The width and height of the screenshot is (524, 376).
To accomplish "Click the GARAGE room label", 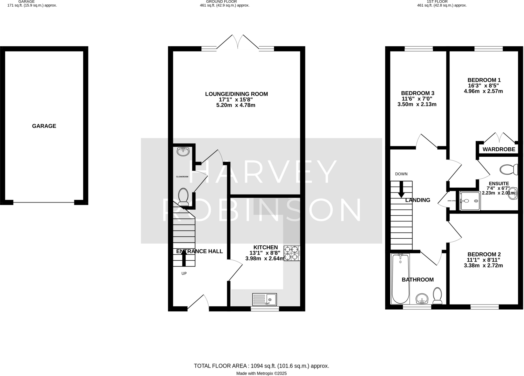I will [x=44, y=126].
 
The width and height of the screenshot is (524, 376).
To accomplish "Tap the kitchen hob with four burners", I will [x=292, y=253].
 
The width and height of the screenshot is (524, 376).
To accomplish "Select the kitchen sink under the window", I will [x=264, y=299].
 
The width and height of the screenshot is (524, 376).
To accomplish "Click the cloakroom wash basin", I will [x=183, y=151].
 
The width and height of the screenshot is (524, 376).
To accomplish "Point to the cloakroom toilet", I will [x=183, y=197].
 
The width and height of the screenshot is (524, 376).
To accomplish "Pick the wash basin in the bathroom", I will [x=422, y=299].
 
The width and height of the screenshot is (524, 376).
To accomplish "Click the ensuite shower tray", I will [x=470, y=201].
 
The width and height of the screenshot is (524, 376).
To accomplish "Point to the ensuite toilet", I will [x=509, y=169].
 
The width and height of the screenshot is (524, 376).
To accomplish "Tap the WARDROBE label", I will [x=499, y=149].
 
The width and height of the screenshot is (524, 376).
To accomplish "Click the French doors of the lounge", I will [x=238, y=42].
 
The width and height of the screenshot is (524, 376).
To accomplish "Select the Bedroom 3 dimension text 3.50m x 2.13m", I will [x=417, y=104].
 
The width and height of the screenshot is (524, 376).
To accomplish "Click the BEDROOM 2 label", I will [x=484, y=254].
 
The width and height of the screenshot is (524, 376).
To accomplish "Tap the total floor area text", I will [x=261, y=366].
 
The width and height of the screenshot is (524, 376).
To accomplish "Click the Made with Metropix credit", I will [x=261, y=373].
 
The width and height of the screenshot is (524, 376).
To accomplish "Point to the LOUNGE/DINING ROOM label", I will [x=236, y=94].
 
